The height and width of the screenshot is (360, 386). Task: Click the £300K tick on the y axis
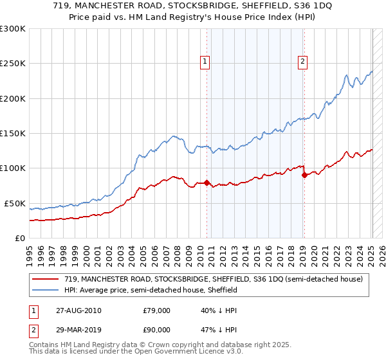coord(13,29)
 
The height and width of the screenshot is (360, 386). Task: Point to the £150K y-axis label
coord(13,134)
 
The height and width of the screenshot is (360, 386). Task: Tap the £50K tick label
coord(15,203)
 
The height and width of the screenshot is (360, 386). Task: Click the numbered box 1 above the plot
coord(205,62)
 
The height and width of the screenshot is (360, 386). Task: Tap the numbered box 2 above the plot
coord(302,62)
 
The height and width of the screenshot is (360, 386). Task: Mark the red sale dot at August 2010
coord(207,183)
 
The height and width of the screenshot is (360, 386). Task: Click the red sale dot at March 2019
coord(304,175)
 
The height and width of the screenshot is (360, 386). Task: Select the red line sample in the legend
coord(46,279)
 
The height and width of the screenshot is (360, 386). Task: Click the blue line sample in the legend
coord(46,290)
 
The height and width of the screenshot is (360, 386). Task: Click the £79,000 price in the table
coord(156,310)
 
